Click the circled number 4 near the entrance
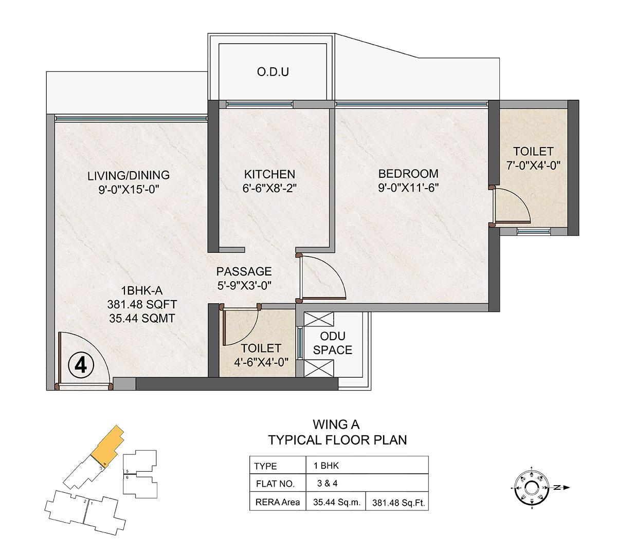(x=81, y=365)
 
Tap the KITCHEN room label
(x=269, y=174)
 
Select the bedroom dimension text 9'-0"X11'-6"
(x=408, y=188)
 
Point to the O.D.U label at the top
(x=273, y=72)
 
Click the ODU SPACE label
(x=333, y=343)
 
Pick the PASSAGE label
(x=244, y=271)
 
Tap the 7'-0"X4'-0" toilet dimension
(x=533, y=165)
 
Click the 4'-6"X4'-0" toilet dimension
(x=261, y=362)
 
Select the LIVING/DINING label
(x=129, y=175)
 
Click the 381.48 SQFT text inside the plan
(x=142, y=304)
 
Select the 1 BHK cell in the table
(x=326, y=466)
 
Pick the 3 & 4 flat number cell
(x=328, y=484)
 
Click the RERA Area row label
(x=278, y=502)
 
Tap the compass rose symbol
(x=532, y=488)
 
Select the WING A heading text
(x=336, y=424)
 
